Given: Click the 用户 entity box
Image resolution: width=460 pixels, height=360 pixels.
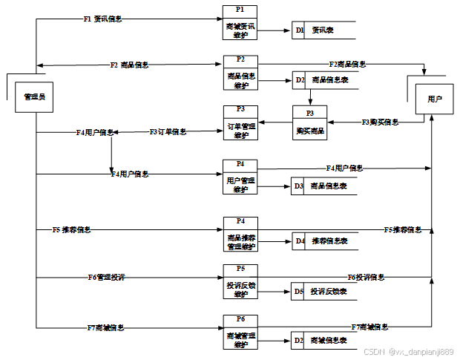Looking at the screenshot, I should coord(434,98).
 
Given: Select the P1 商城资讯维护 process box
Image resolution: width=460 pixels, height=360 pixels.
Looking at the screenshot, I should coord(240,23).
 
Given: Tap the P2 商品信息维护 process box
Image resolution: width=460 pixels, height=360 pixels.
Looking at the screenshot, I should coord(240,72).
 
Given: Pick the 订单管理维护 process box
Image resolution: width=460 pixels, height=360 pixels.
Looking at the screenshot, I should coord(240,122).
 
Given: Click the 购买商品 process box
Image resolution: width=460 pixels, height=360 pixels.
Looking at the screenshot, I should coord(309,125).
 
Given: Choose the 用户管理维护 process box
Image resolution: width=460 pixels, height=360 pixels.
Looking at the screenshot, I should coord(240,177).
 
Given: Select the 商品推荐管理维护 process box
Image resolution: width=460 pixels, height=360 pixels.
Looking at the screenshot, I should coord(240,234).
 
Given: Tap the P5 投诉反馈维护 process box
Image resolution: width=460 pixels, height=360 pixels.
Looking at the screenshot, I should coord(240,283).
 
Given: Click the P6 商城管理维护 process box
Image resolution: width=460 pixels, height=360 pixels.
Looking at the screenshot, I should coord(240,332).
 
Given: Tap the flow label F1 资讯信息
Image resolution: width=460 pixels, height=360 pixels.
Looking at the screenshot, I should coord(102,19).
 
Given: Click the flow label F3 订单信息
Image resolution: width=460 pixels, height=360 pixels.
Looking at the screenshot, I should coord(168,131).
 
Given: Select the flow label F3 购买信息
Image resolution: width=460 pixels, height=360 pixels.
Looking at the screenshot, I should coord(380,121).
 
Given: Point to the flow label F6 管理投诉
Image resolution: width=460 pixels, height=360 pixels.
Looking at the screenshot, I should coord(106,277).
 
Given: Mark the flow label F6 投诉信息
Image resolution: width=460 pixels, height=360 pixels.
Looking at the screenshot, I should coord(366,277).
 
